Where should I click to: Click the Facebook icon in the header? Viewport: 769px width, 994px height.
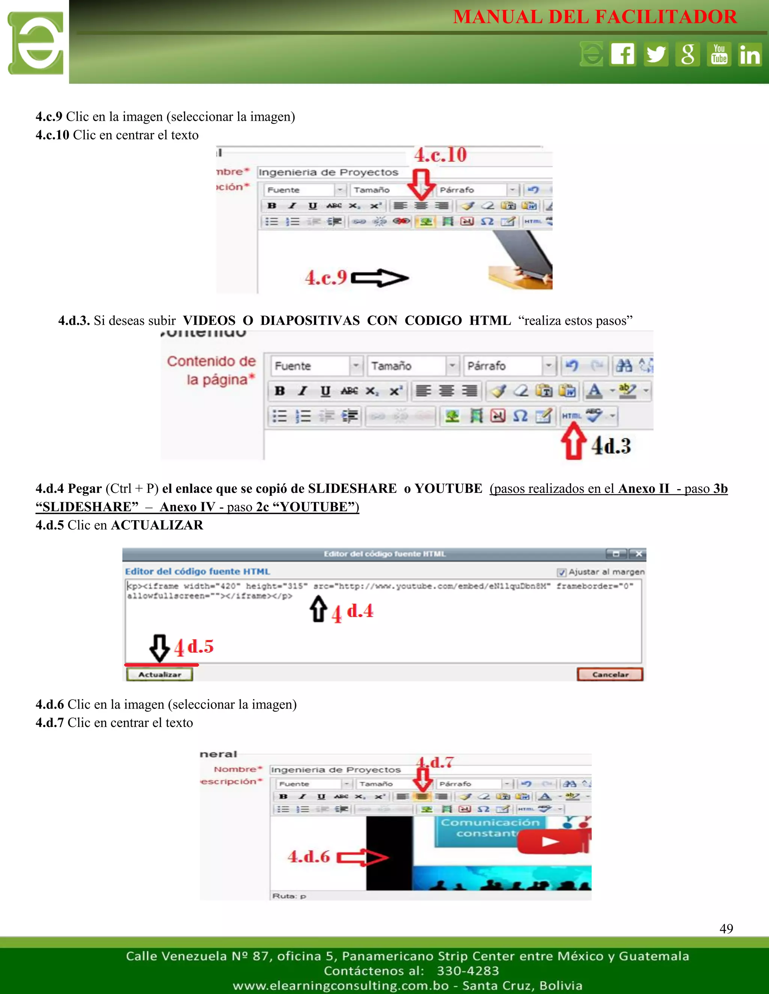(x=623, y=54)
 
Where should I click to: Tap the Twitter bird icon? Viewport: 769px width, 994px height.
(x=656, y=54)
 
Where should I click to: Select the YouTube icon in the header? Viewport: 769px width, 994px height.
(x=719, y=54)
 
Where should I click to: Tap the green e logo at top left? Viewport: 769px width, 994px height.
(x=36, y=43)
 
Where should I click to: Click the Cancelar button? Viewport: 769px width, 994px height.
(x=610, y=674)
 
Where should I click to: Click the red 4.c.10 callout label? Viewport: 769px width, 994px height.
(x=440, y=155)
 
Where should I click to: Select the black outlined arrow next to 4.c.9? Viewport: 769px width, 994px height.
(x=380, y=278)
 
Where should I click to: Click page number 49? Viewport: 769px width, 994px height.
(x=726, y=928)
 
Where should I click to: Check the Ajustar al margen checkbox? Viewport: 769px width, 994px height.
(x=562, y=572)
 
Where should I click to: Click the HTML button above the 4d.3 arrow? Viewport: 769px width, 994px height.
(x=571, y=416)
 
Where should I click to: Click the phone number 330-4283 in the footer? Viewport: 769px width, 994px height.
(x=468, y=971)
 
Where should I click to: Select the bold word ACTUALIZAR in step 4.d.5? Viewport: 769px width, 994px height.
(x=157, y=525)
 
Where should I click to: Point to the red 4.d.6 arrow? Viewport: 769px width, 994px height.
(x=362, y=857)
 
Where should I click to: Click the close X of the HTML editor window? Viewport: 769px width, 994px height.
(x=639, y=554)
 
